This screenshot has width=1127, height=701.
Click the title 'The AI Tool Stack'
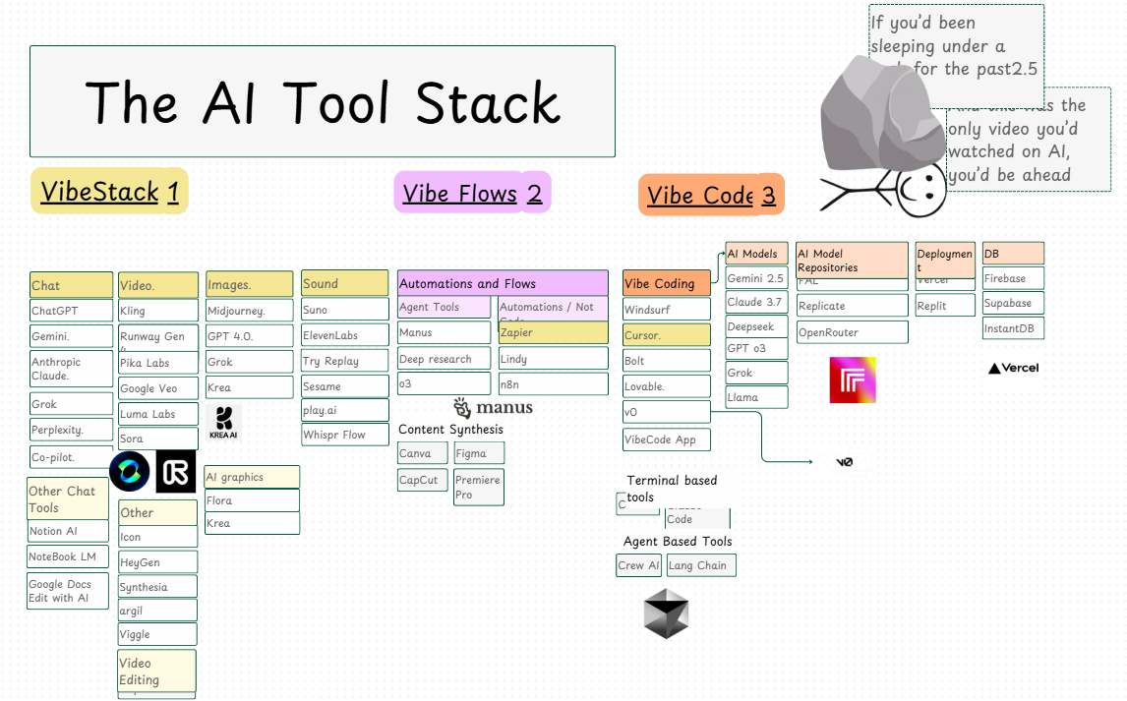323,101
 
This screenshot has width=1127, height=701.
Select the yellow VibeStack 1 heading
109,191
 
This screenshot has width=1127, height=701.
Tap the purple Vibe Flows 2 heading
472,193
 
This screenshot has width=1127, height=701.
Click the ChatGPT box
71,311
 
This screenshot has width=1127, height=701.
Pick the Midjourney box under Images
249,311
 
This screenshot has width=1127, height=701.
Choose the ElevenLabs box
344,335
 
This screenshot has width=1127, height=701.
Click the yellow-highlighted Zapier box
553,332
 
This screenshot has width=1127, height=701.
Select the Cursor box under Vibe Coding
666,335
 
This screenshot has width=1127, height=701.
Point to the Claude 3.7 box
756,302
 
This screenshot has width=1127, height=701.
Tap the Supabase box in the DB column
1013,304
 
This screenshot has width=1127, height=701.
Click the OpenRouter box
852,332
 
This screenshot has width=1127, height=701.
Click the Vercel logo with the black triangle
1013,368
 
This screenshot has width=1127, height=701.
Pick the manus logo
493,408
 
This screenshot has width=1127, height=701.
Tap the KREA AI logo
224,423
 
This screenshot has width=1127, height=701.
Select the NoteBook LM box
68,556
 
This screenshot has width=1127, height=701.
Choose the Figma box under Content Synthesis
479,453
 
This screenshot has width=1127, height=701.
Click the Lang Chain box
700,565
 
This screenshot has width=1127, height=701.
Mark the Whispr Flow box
344,435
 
